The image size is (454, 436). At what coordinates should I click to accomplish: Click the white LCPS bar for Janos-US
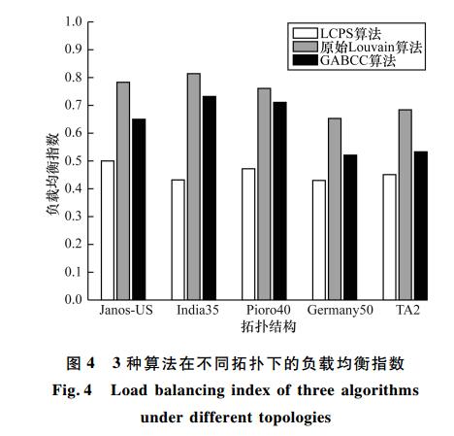(108, 230)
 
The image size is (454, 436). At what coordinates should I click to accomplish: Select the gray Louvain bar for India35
(194, 186)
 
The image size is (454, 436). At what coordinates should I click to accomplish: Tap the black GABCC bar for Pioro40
(279, 201)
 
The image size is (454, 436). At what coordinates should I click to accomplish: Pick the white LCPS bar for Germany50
(319, 240)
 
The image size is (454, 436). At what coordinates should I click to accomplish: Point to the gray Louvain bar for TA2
(405, 205)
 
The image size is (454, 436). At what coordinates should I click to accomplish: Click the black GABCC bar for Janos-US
(139, 210)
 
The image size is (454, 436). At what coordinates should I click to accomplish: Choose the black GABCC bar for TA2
(421, 225)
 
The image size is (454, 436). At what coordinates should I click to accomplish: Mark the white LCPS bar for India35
(178, 240)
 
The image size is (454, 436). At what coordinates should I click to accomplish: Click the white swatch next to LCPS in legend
(306, 33)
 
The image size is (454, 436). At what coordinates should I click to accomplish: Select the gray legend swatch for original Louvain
(306, 47)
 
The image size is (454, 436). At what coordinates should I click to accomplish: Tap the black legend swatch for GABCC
(306, 60)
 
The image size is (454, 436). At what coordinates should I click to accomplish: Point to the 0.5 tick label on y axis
(74, 161)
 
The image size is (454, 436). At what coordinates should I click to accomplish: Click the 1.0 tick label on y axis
(74, 21)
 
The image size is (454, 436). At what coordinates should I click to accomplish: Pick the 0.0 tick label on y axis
(74, 299)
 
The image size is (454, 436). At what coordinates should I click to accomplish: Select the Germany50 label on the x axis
(340, 311)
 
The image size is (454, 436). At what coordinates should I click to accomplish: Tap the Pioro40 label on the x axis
(269, 310)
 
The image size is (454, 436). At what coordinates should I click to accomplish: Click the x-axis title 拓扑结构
(269, 326)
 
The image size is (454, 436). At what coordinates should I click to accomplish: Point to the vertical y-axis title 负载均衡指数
(52, 174)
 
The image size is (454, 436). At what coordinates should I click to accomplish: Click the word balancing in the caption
(190, 390)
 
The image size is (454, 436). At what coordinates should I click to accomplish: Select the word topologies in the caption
(295, 418)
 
